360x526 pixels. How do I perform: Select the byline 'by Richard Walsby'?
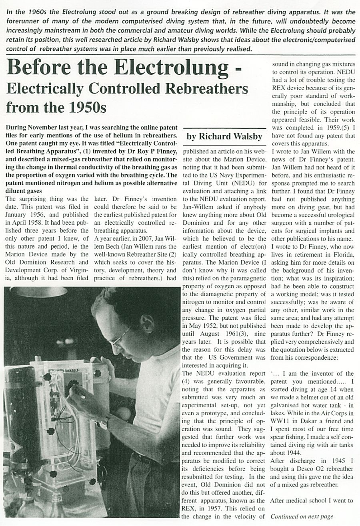224,136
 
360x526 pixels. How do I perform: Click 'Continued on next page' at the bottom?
302,516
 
